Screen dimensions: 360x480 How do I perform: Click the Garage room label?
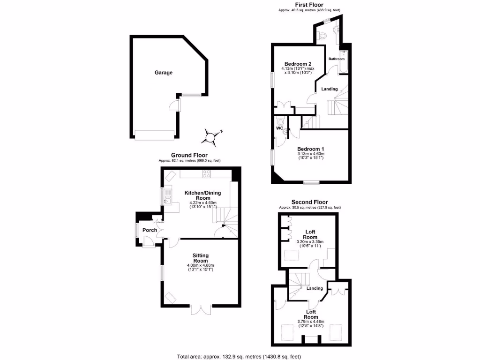[164, 73]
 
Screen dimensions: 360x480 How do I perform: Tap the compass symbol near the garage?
[210, 136]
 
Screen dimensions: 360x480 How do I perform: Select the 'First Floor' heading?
[308, 4]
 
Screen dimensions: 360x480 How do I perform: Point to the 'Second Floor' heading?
[309, 202]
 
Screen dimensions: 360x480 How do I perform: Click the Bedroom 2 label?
[298, 64]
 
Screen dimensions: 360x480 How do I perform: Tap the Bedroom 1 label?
[310, 149]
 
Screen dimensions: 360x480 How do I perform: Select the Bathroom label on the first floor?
[336, 59]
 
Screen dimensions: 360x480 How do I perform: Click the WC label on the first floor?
[279, 128]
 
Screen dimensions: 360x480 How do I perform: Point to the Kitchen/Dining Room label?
[202, 195]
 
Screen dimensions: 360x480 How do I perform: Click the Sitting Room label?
[200, 258]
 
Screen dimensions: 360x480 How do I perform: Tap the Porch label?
[150, 230]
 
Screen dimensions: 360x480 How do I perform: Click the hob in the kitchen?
[206, 174]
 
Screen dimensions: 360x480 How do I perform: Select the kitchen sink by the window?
[168, 202]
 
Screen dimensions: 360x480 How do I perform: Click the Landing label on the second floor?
[315, 289]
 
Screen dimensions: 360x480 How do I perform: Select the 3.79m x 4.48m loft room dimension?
[310, 322]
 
